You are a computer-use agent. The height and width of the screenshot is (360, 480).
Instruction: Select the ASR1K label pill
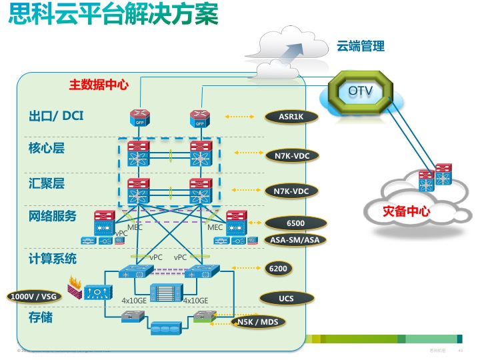(291, 117)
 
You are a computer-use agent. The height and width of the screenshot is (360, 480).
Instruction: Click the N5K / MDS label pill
(258, 323)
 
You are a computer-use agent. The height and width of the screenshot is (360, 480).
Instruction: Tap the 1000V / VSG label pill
(31, 296)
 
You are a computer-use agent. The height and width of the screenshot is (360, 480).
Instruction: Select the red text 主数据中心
(99, 85)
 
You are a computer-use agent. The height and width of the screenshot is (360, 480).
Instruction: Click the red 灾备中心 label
(406, 212)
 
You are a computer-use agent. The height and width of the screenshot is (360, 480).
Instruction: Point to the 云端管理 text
(360, 47)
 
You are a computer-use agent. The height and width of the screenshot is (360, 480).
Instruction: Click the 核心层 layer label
(47, 148)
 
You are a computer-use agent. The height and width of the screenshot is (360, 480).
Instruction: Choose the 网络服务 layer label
(53, 216)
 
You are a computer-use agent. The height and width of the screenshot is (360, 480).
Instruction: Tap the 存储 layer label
(41, 317)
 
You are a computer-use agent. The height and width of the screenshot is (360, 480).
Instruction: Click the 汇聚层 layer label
(47, 181)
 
